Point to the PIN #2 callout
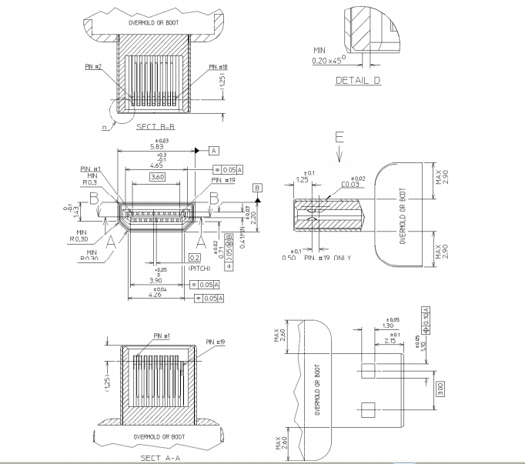tap(93, 67)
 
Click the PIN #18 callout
tap(218, 67)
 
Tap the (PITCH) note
tap(199, 269)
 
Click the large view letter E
tap(339, 139)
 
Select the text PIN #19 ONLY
tap(328, 257)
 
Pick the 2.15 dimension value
tap(393, 342)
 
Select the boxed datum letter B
tap(258, 187)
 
